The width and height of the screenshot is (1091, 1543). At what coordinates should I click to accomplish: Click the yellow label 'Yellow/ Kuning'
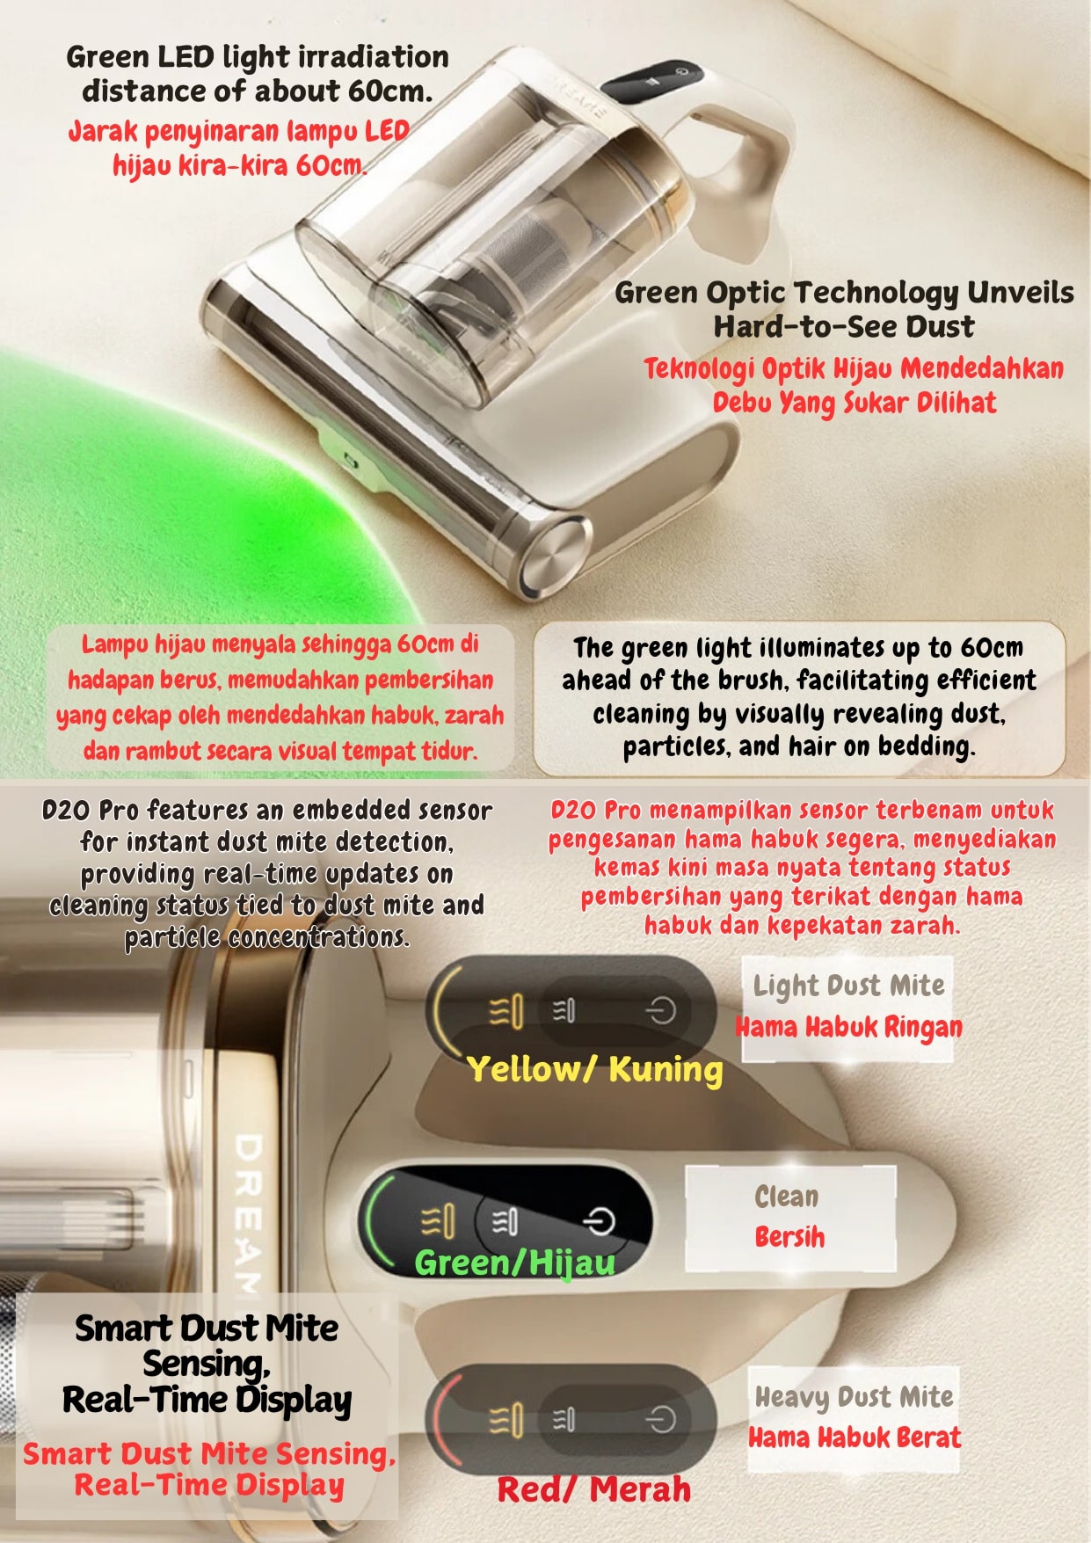tap(594, 1069)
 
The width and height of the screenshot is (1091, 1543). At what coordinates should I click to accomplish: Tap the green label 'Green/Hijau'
tap(514, 1263)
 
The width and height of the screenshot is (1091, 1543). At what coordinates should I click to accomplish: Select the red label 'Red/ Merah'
tap(593, 1488)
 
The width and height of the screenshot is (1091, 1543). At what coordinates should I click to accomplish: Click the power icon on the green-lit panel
tap(600, 1221)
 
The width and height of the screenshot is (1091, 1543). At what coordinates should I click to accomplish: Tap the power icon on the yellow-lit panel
tap(660, 1011)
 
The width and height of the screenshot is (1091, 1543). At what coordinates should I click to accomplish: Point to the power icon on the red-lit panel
tap(661, 1419)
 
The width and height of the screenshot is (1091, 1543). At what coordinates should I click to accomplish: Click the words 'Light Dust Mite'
tap(848, 986)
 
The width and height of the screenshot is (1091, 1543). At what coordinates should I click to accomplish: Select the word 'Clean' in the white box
tap(787, 1196)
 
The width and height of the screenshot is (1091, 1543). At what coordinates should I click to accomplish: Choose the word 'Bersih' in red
tap(789, 1236)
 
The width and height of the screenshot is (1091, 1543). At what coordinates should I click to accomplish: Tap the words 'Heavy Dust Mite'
tap(854, 1396)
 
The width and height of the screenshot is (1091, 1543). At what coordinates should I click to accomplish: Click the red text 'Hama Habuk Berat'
tap(855, 1437)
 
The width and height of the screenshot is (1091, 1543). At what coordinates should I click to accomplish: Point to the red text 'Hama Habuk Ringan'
tap(848, 1026)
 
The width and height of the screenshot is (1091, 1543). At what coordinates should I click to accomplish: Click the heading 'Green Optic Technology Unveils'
tap(844, 292)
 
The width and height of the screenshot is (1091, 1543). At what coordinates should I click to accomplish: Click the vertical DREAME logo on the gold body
tap(248, 1214)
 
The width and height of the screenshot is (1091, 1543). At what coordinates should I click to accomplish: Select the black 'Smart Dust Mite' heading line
tap(207, 1328)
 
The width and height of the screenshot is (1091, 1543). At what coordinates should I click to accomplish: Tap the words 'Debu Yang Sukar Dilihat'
tap(854, 403)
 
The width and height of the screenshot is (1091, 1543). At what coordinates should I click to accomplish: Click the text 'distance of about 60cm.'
tap(257, 91)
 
